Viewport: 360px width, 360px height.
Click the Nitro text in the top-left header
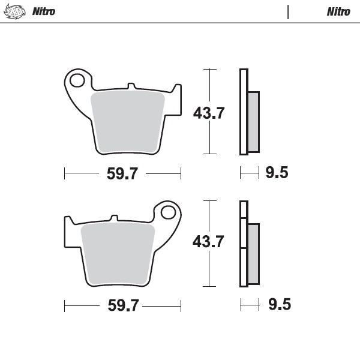43,11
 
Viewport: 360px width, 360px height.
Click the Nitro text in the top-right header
338,11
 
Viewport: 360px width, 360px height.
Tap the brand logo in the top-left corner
13,11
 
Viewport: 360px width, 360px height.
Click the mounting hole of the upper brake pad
77,79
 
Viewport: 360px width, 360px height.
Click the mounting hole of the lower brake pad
169,212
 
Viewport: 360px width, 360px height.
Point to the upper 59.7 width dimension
122,174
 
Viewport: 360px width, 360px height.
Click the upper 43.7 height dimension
208,112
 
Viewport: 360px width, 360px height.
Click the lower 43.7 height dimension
208,242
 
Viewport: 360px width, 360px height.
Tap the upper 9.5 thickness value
277,173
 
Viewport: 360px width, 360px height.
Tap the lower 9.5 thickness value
278,305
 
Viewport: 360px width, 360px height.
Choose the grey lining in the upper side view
254,121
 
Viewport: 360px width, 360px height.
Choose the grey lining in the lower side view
254,253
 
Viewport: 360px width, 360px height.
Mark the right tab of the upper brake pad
176,99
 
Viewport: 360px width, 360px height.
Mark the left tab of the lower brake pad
68,231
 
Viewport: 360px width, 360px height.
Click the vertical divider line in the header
288,11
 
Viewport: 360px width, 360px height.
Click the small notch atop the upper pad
129,88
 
